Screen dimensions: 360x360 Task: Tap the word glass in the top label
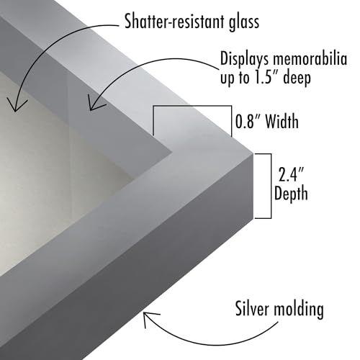(x=244, y=22)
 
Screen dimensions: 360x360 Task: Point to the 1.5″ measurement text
(x=266, y=77)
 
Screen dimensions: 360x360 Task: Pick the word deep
(x=297, y=78)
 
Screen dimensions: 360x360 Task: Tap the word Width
(x=282, y=121)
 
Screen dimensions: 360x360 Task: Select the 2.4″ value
(x=291, y=174)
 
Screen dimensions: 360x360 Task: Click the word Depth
(x=291, y=194)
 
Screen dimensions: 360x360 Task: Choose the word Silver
(x=253, y=308)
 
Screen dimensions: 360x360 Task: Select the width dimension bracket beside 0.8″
(x=192, y=106)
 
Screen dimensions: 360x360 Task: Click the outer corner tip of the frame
(x=253, y=153)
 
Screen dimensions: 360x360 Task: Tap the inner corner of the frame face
(x=171, y=152)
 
